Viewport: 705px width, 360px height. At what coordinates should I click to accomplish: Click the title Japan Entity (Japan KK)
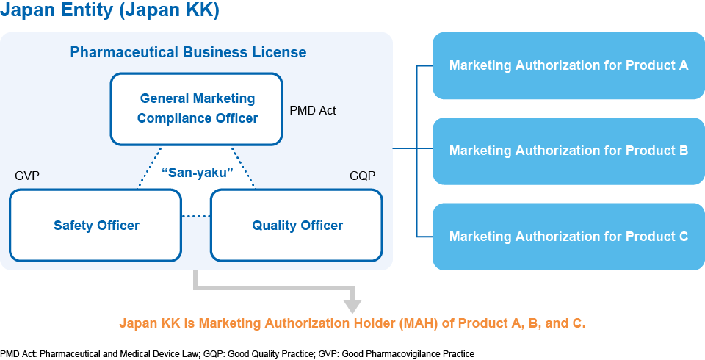click(109, 12)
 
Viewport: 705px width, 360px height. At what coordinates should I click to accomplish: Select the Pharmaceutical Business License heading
click(188, 53)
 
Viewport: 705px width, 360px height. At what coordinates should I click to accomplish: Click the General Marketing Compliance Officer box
click(197, 108)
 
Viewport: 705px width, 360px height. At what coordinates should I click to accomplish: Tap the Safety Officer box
click(96, 226)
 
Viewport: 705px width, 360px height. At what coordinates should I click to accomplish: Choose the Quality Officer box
click(297, 226)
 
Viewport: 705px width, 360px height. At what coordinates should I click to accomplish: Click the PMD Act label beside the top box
click(313, 111)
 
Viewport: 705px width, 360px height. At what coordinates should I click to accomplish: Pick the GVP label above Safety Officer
click(27, 176)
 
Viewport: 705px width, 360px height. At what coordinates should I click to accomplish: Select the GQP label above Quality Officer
click(362, 176)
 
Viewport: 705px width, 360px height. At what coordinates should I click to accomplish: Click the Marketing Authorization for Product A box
click(568, 65)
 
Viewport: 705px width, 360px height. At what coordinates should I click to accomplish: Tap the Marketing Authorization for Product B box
click(568, 151)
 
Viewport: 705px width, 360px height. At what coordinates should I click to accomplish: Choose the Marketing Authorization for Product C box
click(568, 237)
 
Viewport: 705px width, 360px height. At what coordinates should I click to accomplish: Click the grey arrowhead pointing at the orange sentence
click(353, 303)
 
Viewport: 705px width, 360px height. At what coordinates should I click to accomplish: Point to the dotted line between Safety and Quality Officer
click(196, 216)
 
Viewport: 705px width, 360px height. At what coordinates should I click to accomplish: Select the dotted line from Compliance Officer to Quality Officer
click(243, 167)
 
